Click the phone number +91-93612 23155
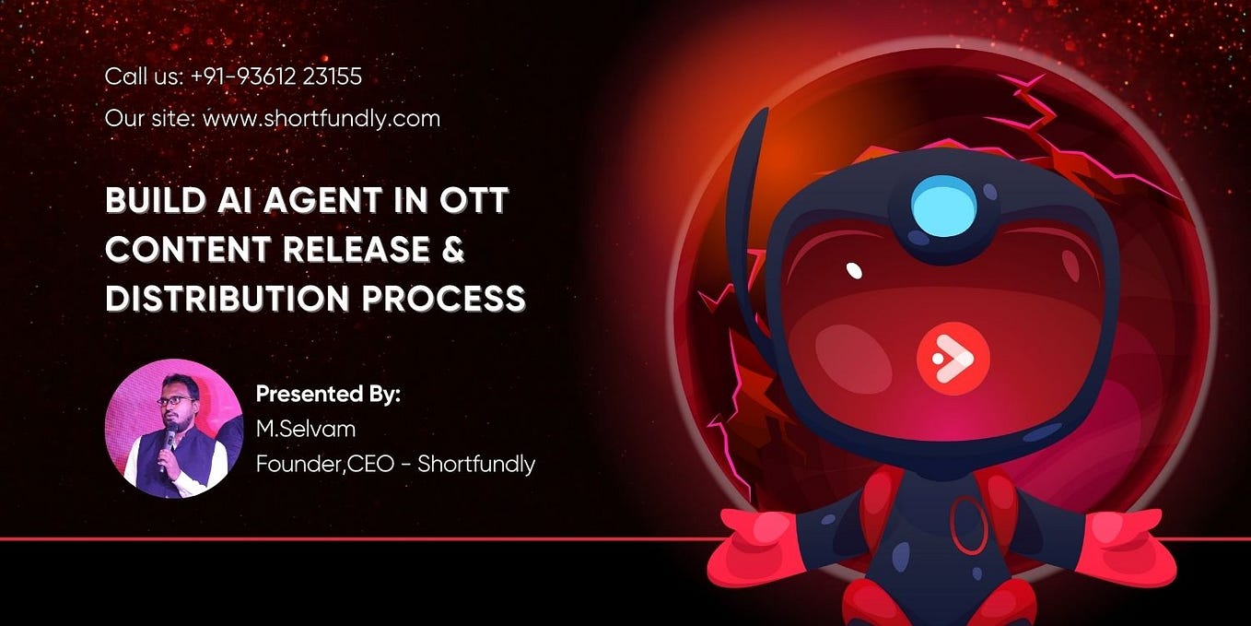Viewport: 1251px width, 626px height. coord(276,77)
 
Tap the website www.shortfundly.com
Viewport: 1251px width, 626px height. coord(322,119)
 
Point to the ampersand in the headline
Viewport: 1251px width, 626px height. coord(452,249)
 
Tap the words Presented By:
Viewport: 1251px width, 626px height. coord(328,394)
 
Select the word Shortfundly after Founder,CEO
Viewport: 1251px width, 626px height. coord(476,464)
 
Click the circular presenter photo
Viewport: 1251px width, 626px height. coord(173,428)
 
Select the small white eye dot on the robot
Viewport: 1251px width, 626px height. coord(854,271)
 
